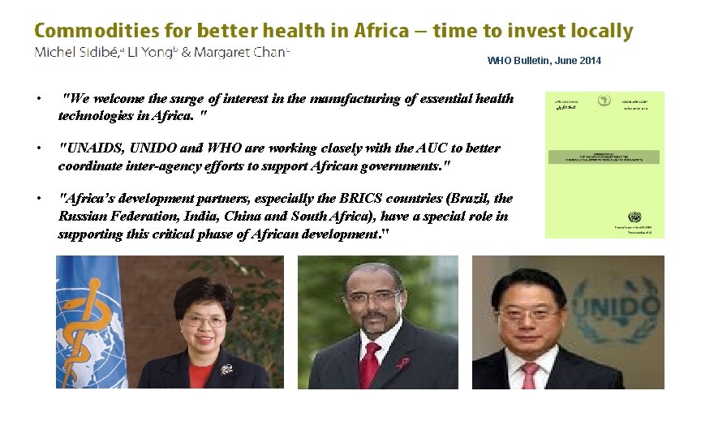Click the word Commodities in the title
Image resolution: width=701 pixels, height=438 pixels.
click(x=89, y=32)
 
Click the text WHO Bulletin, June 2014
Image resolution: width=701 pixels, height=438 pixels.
click(x=544, y=61)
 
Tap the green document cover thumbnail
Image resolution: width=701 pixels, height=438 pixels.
click(x=604, y=165)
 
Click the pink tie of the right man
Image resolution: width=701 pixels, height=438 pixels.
click(x=530, y=375)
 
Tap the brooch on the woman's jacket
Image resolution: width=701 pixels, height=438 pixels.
click(x=226, y=369)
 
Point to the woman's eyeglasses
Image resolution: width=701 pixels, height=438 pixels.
click(x=204, y=321)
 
